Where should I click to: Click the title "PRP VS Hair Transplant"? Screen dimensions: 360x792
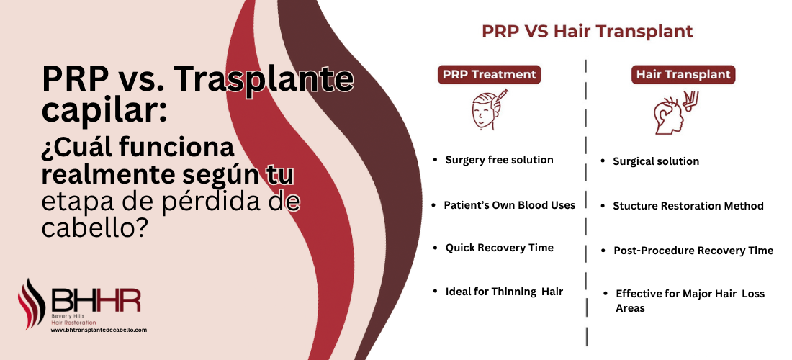coord(587,32)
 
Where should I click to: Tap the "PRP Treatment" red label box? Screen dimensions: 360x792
coord(490,74)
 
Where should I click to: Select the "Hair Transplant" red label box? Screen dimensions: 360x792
coord(683,74)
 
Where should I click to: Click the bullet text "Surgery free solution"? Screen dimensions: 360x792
coord(499,160)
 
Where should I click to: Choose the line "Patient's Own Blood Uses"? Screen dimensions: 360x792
coord(509,205)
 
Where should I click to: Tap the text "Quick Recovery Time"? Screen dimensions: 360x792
coord(499,248)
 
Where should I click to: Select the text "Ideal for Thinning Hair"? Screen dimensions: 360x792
coord(503,292)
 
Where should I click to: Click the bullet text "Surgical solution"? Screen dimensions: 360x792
coord(655,161)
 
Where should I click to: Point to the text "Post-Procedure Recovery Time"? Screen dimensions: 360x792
coord(693,251)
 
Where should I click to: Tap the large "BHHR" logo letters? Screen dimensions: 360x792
coord(96,301)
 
